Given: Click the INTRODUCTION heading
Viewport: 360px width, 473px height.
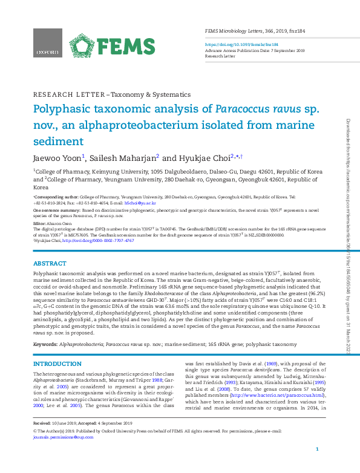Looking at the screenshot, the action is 57,364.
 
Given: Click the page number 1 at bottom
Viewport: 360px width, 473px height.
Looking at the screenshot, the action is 317,466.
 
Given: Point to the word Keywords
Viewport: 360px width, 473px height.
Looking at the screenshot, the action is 45,344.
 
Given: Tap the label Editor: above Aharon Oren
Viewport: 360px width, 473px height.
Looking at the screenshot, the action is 39,223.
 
